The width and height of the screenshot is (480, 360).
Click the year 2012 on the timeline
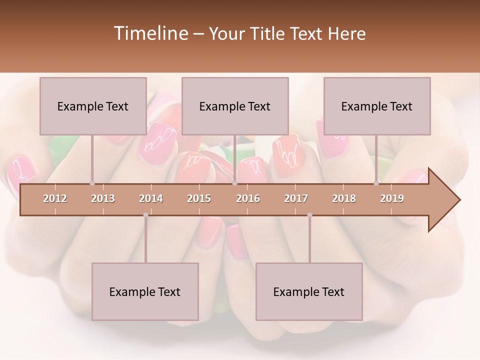coord(55,198)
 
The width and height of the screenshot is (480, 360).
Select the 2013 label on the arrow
coord(103,198)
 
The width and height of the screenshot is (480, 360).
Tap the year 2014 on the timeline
coord(151,198)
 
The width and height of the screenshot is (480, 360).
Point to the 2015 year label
coord(199,198)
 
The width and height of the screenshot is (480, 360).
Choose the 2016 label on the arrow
coord(248,198)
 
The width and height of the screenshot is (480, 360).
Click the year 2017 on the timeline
coord(296,198)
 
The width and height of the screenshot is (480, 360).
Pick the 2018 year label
coord(344,198)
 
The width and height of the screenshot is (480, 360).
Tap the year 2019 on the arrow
coord(392,198)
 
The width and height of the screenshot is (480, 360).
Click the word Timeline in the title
coord(150,33)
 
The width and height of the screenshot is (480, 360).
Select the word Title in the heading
coord(269,33)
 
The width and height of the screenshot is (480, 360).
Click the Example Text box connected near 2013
coord(93,106)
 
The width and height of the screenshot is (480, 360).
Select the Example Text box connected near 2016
coord(235,106)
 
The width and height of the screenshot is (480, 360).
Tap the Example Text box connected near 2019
coord(377,106)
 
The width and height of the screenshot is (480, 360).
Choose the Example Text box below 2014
coord(145,291)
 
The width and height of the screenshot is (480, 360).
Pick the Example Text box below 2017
coord(309,291)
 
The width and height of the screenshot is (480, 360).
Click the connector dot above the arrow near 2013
coord(92,183)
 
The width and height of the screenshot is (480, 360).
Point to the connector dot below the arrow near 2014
coord(145,215)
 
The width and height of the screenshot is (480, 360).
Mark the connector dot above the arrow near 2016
coord(234,183)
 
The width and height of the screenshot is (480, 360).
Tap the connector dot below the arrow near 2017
coord(309,215)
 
